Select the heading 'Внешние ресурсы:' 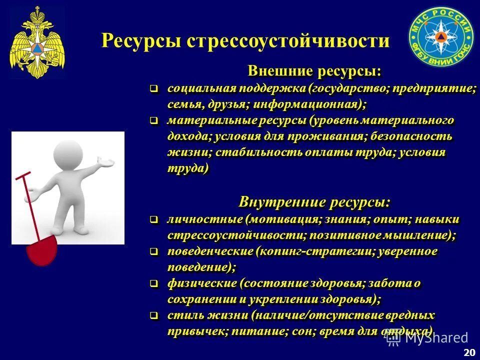point(314,71)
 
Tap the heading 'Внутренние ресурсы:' point(314,202)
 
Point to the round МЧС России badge point(440,38)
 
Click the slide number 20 point(469,352)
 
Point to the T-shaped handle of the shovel point(23,175)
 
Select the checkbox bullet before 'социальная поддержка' point(154,89)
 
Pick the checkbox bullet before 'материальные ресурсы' point(154,120)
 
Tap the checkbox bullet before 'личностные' point(154,219)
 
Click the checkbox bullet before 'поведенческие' point(154,251)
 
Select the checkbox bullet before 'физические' point(154,283)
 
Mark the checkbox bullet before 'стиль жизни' point(154,315)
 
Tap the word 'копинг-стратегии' point(311,251)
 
